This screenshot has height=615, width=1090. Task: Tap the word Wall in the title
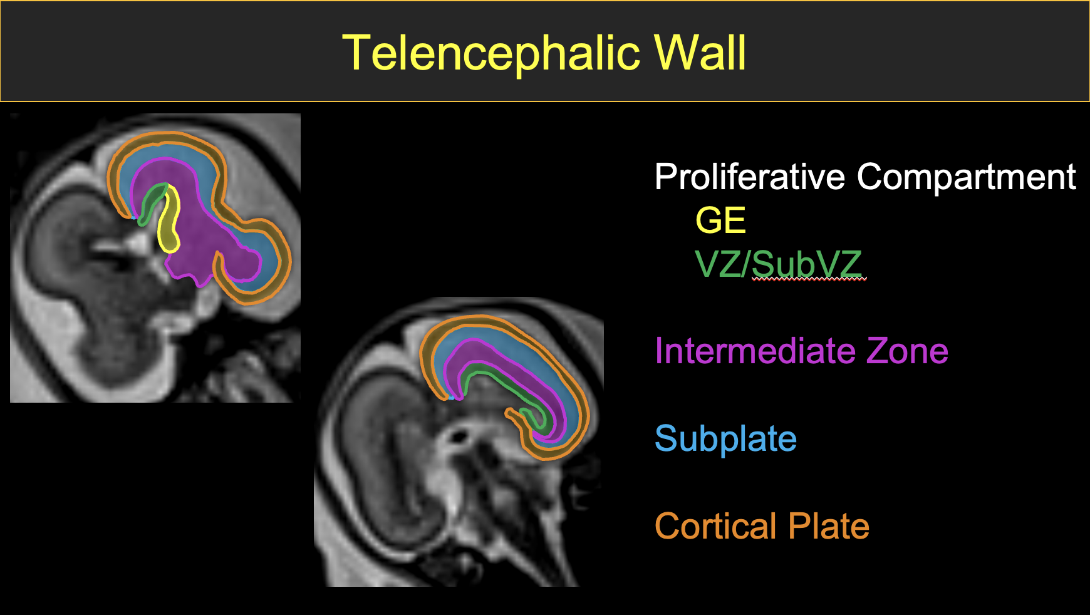700,53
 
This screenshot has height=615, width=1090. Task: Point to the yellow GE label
720,220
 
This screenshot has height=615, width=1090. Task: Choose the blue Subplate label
725,438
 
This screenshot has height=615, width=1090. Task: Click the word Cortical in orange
717,526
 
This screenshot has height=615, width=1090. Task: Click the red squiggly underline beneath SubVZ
808,280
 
